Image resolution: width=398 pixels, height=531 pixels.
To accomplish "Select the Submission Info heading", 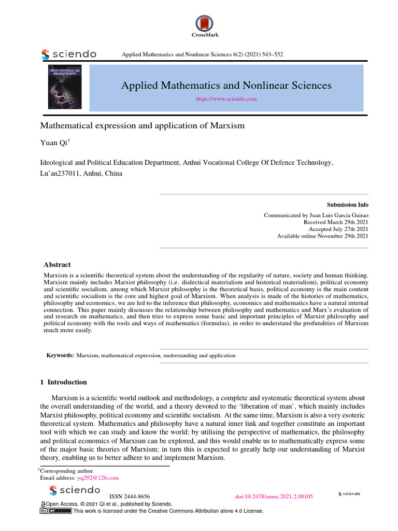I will (347, 205).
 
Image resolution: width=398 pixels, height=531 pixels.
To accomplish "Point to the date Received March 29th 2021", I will (336, 222).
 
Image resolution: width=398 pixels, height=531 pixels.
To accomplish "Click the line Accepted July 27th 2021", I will (338, 229).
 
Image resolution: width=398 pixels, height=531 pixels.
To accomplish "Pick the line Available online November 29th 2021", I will (322, 236).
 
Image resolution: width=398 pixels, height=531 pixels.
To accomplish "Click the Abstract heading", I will (57, 264).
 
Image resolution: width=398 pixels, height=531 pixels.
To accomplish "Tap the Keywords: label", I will (60, 356).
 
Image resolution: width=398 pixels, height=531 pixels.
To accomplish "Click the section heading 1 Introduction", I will (63, 382).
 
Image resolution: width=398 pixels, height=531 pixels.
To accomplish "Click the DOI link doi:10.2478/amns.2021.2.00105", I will (274, 496).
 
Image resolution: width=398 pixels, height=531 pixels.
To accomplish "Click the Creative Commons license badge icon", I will (56, 511).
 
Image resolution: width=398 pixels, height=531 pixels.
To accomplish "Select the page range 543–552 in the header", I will (272, 54).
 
